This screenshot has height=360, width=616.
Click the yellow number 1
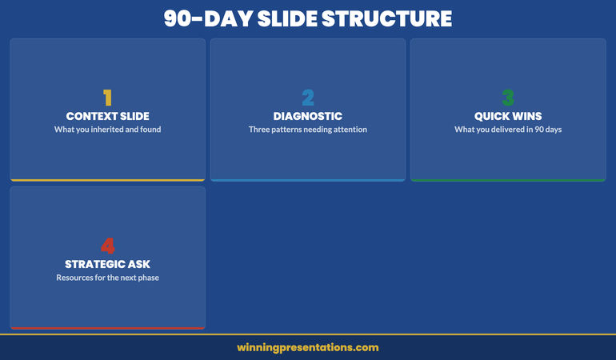click(107, 98)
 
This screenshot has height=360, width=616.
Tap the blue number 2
click(308, 98)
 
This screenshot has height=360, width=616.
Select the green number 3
click(508, 98)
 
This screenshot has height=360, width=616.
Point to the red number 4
click(107, 246)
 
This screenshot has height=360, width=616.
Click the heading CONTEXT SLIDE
click(107, 116)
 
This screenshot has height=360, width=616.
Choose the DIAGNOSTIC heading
click(308, 116)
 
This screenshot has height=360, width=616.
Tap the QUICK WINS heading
click(508, 116)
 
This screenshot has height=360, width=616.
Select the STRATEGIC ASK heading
click(107, 264)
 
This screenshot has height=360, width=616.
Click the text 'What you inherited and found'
click(107, 130)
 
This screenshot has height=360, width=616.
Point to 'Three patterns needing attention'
click(308, 130)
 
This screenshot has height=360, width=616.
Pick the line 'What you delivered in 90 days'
click(508, 130)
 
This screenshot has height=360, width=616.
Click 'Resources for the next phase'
click(107, 278)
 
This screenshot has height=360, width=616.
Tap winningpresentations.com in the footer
click(308, 347)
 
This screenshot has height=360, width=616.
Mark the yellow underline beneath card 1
click(107, 180)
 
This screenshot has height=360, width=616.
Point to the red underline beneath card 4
click(107, 328)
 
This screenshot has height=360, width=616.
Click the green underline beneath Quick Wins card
click(508, 180)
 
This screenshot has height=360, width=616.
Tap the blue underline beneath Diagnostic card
click(308, 180)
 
